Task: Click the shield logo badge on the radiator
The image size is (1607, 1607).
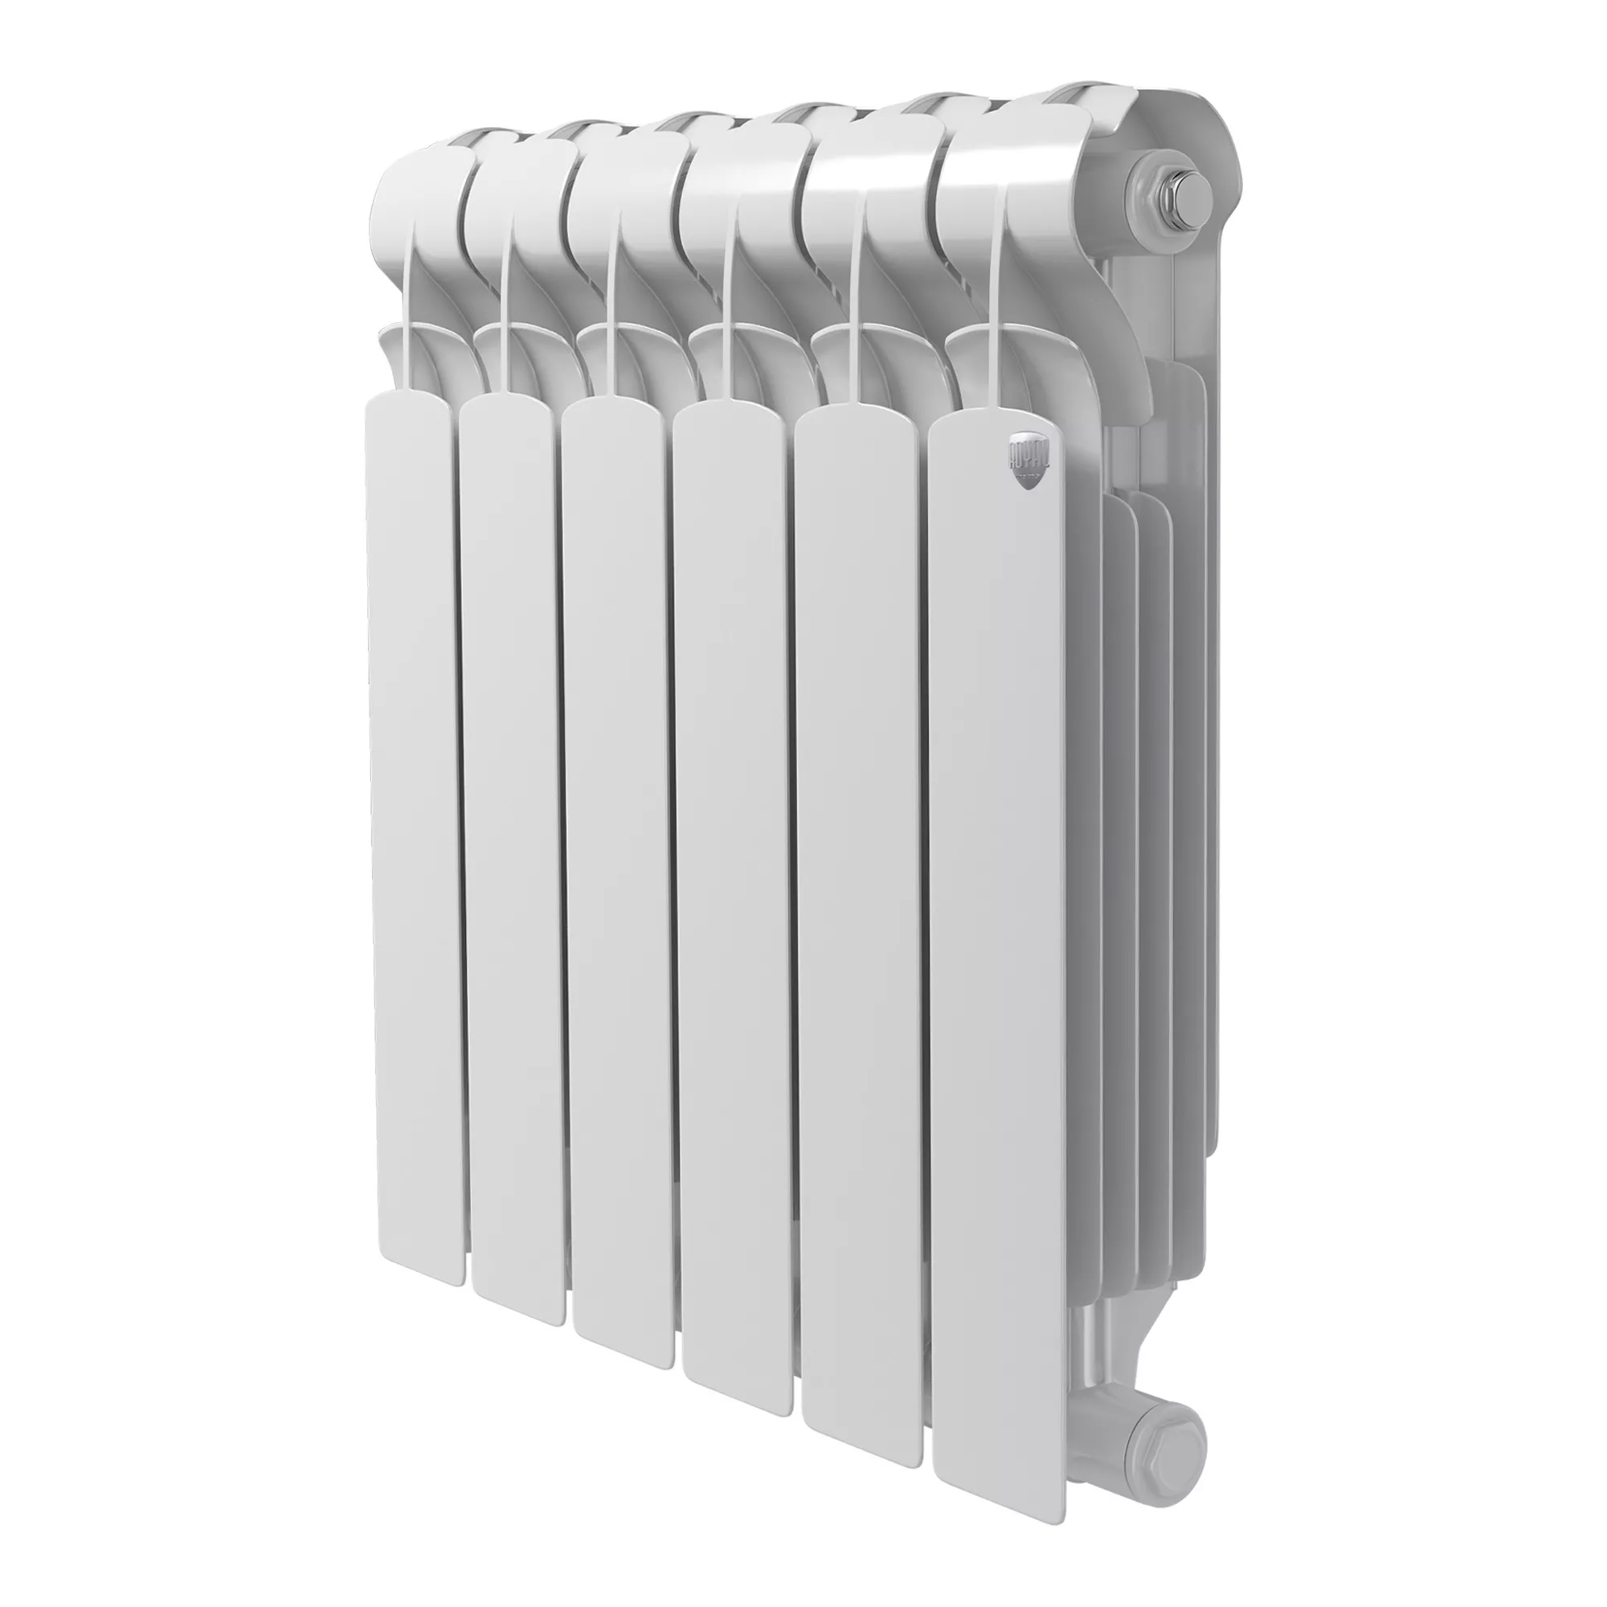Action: tap(1032, 458)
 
